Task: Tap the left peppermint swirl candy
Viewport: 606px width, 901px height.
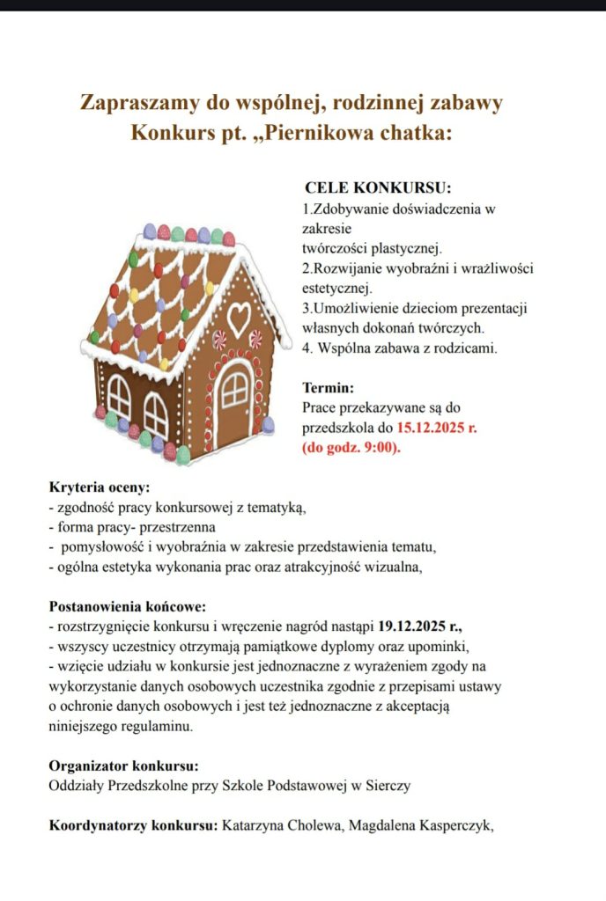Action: point(218,340)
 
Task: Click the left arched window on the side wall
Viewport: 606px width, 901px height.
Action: point(119,397)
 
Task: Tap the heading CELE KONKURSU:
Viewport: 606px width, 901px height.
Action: point(377,188)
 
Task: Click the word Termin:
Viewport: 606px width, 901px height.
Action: point(329,387)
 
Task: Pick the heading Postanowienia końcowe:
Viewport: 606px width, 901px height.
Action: point(128,607)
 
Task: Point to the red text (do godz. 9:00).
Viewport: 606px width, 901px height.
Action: point(351,447)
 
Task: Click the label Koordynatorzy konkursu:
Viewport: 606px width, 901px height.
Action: point(132,826)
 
